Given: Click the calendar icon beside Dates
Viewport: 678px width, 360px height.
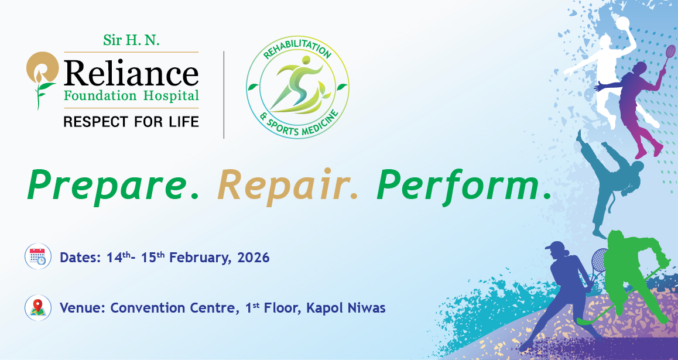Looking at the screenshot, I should point(37,258).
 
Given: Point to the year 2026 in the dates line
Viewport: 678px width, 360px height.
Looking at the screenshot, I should point(254,258).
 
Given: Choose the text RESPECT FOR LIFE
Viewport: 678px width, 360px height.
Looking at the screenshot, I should point(131,122).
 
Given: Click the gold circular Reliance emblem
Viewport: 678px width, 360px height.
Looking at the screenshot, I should point(42,69).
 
